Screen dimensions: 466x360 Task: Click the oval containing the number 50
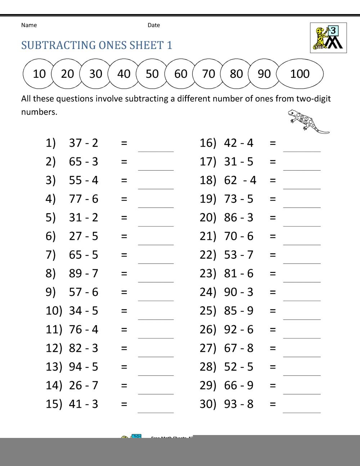click(x=152, y=74)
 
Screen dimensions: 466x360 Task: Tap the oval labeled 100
click(x=300, y=74)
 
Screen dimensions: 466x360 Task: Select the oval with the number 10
click(x=39, y=74)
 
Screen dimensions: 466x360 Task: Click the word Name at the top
click(x=29, y=25)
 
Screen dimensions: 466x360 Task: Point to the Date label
click(x=154, y=25)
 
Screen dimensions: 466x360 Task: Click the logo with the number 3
click(x=328, y=38)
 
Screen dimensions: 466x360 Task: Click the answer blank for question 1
click(x=156, y=148)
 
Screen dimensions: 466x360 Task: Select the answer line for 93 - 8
click(x=302, y=408)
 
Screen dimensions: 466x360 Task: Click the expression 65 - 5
click(x=84, y=255)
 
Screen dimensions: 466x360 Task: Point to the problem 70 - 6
click(x=239, y=236)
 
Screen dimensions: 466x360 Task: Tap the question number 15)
click(x=54, y=404)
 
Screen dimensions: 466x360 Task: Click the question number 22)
click(x=208, y=255)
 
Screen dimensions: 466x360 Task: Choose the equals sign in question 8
click(x=124, y=274)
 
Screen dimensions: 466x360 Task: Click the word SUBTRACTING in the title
click(x=59, y=45)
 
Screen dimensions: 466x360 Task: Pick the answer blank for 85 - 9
click(x=302, y=315)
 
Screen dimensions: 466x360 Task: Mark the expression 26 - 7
click(x=84, y=385)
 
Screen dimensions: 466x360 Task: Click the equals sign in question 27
click(x=273, y=348)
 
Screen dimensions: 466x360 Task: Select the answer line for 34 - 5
click(x=156, y=315)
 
